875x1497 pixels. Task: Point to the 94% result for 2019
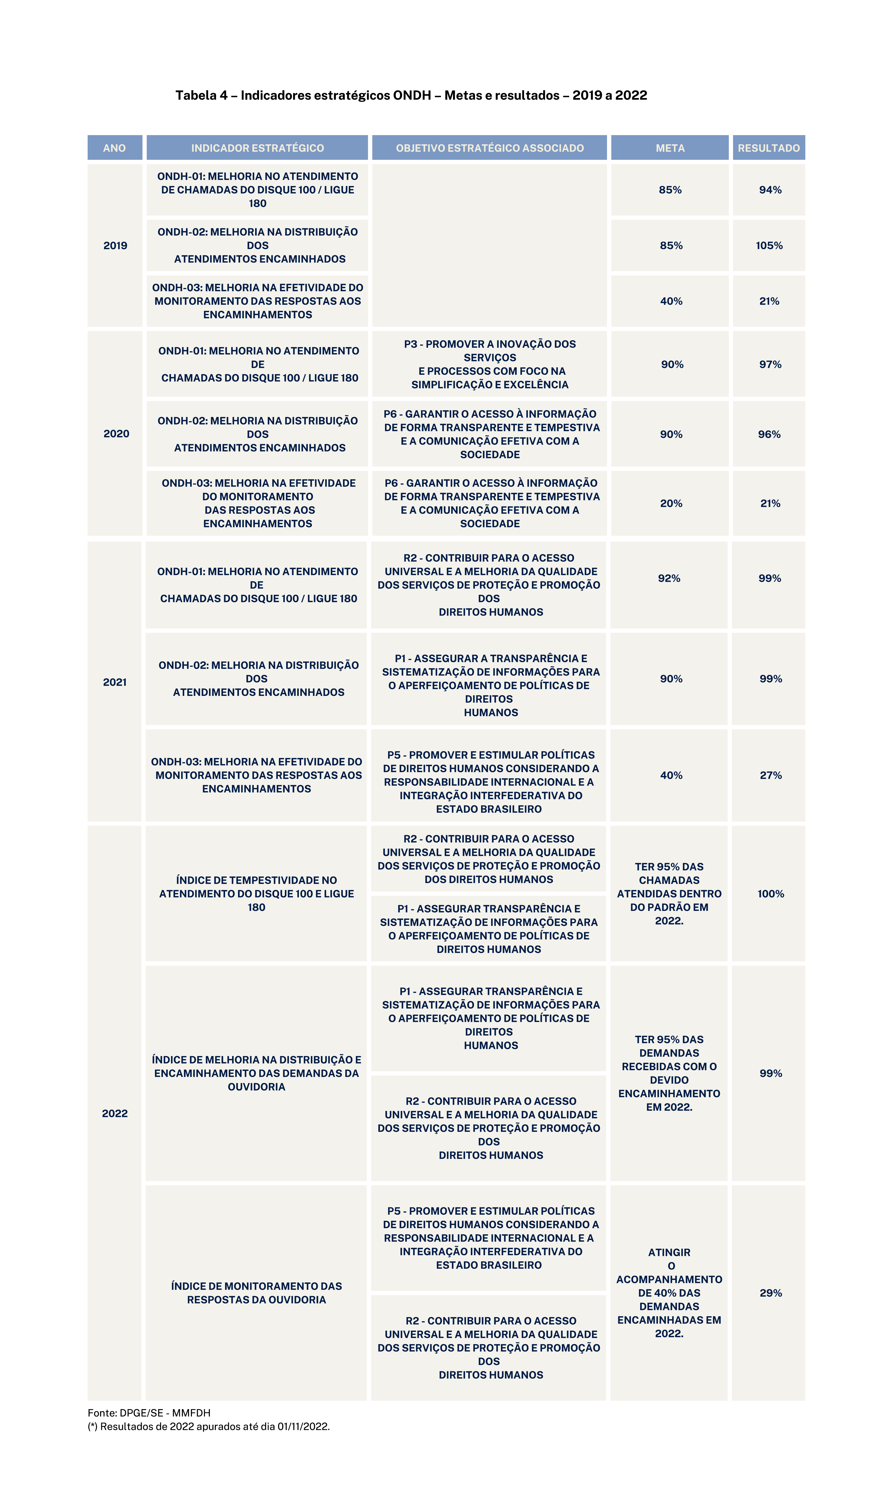point(770,190)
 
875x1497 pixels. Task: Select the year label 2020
point(116,434)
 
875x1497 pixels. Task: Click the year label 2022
point(115,1113)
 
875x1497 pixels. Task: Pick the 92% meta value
point(669,578)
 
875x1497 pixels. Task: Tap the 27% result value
point(770,775)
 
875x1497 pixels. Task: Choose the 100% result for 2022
point(770,894)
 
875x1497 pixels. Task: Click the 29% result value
point(770,1293)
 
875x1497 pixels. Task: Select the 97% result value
point(770,364)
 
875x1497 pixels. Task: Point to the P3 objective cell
point(490,364)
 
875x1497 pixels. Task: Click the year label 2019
point(115,245)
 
